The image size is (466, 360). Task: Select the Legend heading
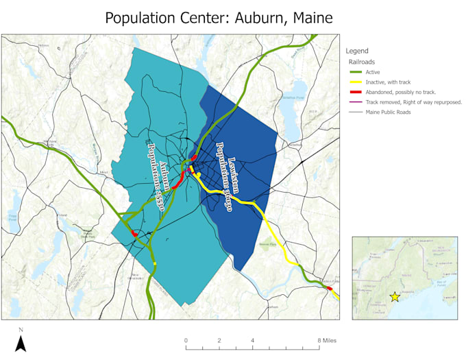(357, 51)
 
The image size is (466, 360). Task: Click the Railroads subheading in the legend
(361, 61)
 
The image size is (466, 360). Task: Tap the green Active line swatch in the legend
(354, 72)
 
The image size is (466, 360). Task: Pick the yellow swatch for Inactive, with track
(354, 82)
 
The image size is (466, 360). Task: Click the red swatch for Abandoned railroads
(354, 92)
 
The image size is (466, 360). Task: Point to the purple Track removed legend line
(354, 101)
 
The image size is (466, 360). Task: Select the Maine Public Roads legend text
(389, 112)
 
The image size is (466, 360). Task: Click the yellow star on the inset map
(395, 297)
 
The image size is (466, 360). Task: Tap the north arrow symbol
(21, 341)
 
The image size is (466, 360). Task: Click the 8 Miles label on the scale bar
(327, 341)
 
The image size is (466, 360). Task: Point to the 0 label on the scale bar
(186, 341)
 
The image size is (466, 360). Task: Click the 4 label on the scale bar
(252, 341)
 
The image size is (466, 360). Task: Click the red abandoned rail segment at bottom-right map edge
(330, 289)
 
